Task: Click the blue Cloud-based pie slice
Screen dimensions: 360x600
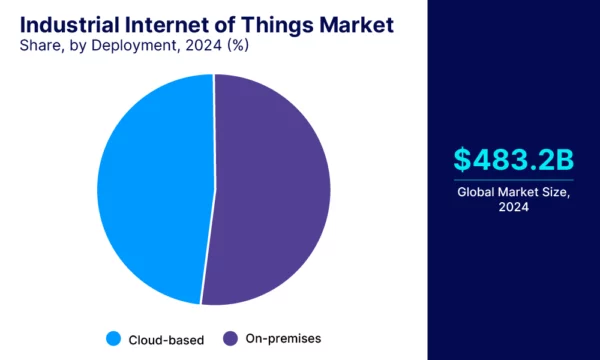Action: click(x=150, y=190)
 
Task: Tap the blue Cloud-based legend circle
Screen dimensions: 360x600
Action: click(x=112, y=338)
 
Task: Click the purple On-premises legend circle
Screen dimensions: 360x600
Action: click(x=229, y=338)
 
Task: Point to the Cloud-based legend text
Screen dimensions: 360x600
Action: click(x=166, y=339)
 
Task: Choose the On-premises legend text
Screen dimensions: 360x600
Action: click(x=285, y=339)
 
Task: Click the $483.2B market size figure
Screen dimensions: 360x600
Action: click(x=513, y=159)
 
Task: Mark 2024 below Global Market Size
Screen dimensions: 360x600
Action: click(x=513, y=207)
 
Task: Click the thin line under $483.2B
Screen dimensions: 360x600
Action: click(x=513, y=180)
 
